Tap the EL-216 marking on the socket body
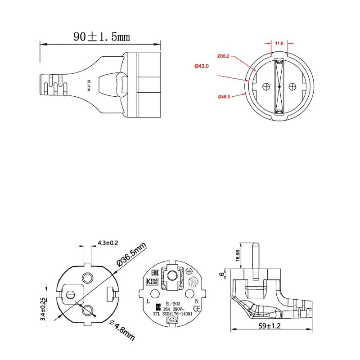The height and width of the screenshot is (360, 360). click(x=89, y=85)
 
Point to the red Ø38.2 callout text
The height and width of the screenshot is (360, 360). click(x=224, y=56)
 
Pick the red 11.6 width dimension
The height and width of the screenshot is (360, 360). click(x=279, y=44)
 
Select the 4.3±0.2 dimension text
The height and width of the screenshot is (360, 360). click(x=108, y=243)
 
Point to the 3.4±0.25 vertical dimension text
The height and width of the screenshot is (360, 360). click(x=43, y=309)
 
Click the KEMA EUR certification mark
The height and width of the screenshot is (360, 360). click(x=153, y=282)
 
